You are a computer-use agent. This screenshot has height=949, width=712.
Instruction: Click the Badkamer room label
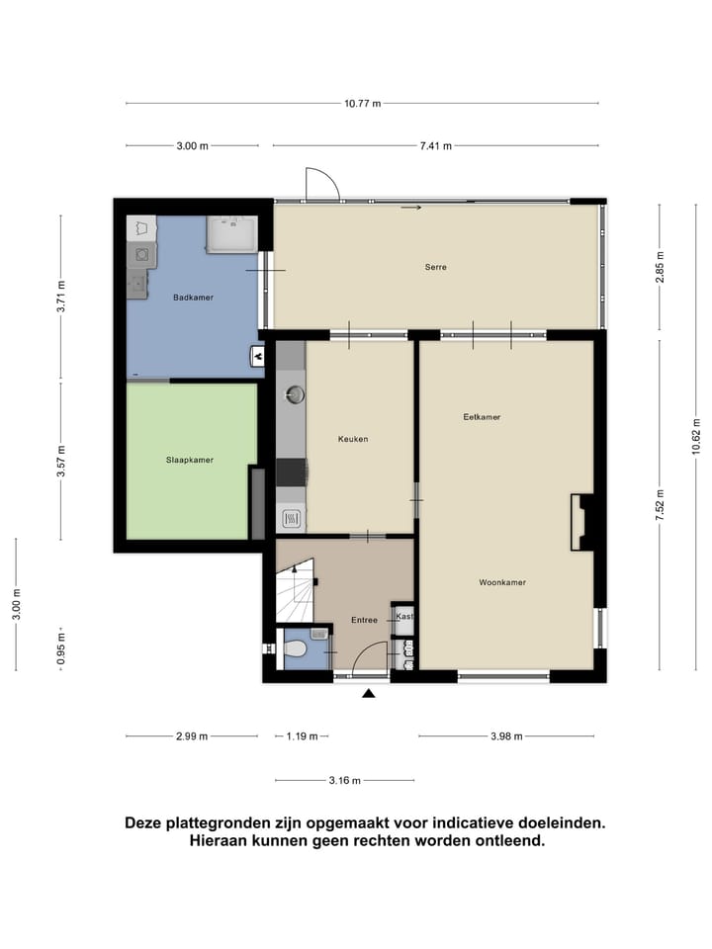click(193, 298)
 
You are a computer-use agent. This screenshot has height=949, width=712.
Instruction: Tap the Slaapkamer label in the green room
click(189, 460)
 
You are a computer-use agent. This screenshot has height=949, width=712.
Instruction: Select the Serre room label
click(435, 267)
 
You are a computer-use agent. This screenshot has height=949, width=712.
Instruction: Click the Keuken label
click(352, 439)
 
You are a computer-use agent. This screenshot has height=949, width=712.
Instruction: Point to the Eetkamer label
click(482, 417)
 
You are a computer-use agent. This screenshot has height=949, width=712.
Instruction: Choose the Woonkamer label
click(501, 582)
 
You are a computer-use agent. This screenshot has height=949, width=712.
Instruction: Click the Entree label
click(365, 621)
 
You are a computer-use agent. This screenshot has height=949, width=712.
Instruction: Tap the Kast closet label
click(403, 617)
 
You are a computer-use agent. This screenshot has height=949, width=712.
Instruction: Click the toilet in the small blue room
click(296, 650)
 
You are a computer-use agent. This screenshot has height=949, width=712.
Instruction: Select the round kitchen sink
click(294, 394)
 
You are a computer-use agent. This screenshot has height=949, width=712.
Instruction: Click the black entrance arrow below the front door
click(369, 695)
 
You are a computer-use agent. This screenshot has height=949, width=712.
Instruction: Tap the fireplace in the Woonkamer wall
click(581, 522)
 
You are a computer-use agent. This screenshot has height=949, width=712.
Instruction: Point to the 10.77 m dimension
click(362, 103)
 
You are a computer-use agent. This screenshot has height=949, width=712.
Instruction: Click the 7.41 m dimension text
click(435, 146)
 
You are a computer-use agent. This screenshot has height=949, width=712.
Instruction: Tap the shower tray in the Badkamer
click(230, 234)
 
